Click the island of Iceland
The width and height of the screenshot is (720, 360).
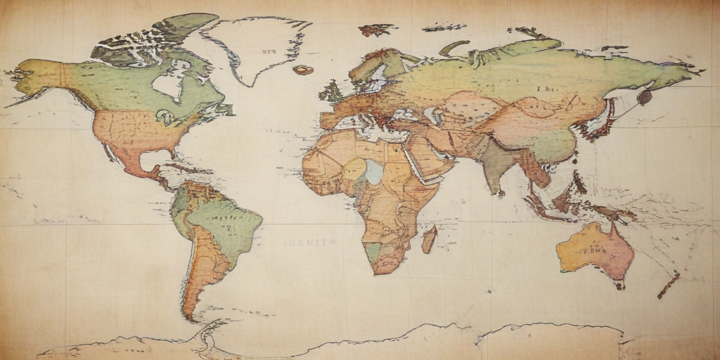click(303, 70)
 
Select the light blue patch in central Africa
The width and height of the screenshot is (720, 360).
click(374, 172)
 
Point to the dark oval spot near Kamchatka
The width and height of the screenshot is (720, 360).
click(645, 98)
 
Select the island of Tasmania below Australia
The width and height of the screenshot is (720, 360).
click(619, 285)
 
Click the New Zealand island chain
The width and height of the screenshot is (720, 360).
click(669, 284)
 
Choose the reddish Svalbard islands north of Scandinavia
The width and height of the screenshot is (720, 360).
click(377, 30)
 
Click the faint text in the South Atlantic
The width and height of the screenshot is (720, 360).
click(310, 243)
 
